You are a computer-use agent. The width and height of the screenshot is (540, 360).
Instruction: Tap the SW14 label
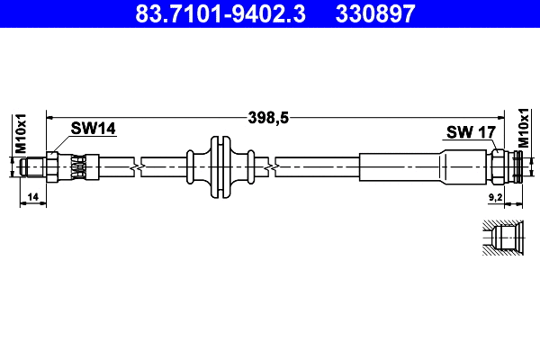click(94, 130)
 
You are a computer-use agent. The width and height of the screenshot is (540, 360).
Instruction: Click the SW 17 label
click(471, 133)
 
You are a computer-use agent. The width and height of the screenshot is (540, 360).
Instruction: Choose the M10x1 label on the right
click(523, 129)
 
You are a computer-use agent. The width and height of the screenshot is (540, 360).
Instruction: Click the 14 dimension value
click(32, 196)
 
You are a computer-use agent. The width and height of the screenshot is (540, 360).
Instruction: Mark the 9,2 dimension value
click(494, 196)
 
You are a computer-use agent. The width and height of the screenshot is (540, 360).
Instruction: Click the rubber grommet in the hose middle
click(216, 166)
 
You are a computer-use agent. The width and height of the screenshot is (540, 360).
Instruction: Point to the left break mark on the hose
click(137, 166)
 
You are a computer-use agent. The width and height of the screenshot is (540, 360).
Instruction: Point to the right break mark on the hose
click(272, 166)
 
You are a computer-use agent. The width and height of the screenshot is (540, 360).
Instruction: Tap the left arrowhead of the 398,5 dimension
click(50, 117)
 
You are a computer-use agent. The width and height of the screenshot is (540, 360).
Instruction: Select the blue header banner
click(270, 14)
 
